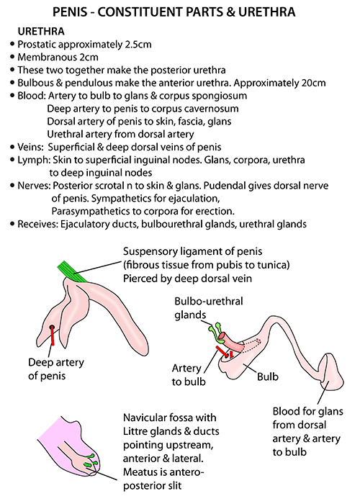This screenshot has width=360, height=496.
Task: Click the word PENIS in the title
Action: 70,12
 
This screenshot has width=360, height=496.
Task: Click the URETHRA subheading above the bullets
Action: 41,32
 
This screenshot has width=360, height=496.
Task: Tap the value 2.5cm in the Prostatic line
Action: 138,45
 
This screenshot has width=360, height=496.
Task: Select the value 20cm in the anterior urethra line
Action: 313,83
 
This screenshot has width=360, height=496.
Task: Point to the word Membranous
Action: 45,58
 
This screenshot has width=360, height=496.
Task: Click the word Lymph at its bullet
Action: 33,160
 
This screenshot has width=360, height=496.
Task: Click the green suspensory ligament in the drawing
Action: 73,271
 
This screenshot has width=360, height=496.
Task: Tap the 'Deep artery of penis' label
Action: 56,369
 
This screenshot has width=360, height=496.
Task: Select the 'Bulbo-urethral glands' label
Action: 209,308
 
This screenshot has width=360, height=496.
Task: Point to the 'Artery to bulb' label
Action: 189,375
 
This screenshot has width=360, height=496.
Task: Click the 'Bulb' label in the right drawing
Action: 268,376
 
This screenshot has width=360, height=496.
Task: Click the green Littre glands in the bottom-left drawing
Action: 90,460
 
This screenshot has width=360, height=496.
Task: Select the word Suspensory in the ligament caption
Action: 150,252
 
